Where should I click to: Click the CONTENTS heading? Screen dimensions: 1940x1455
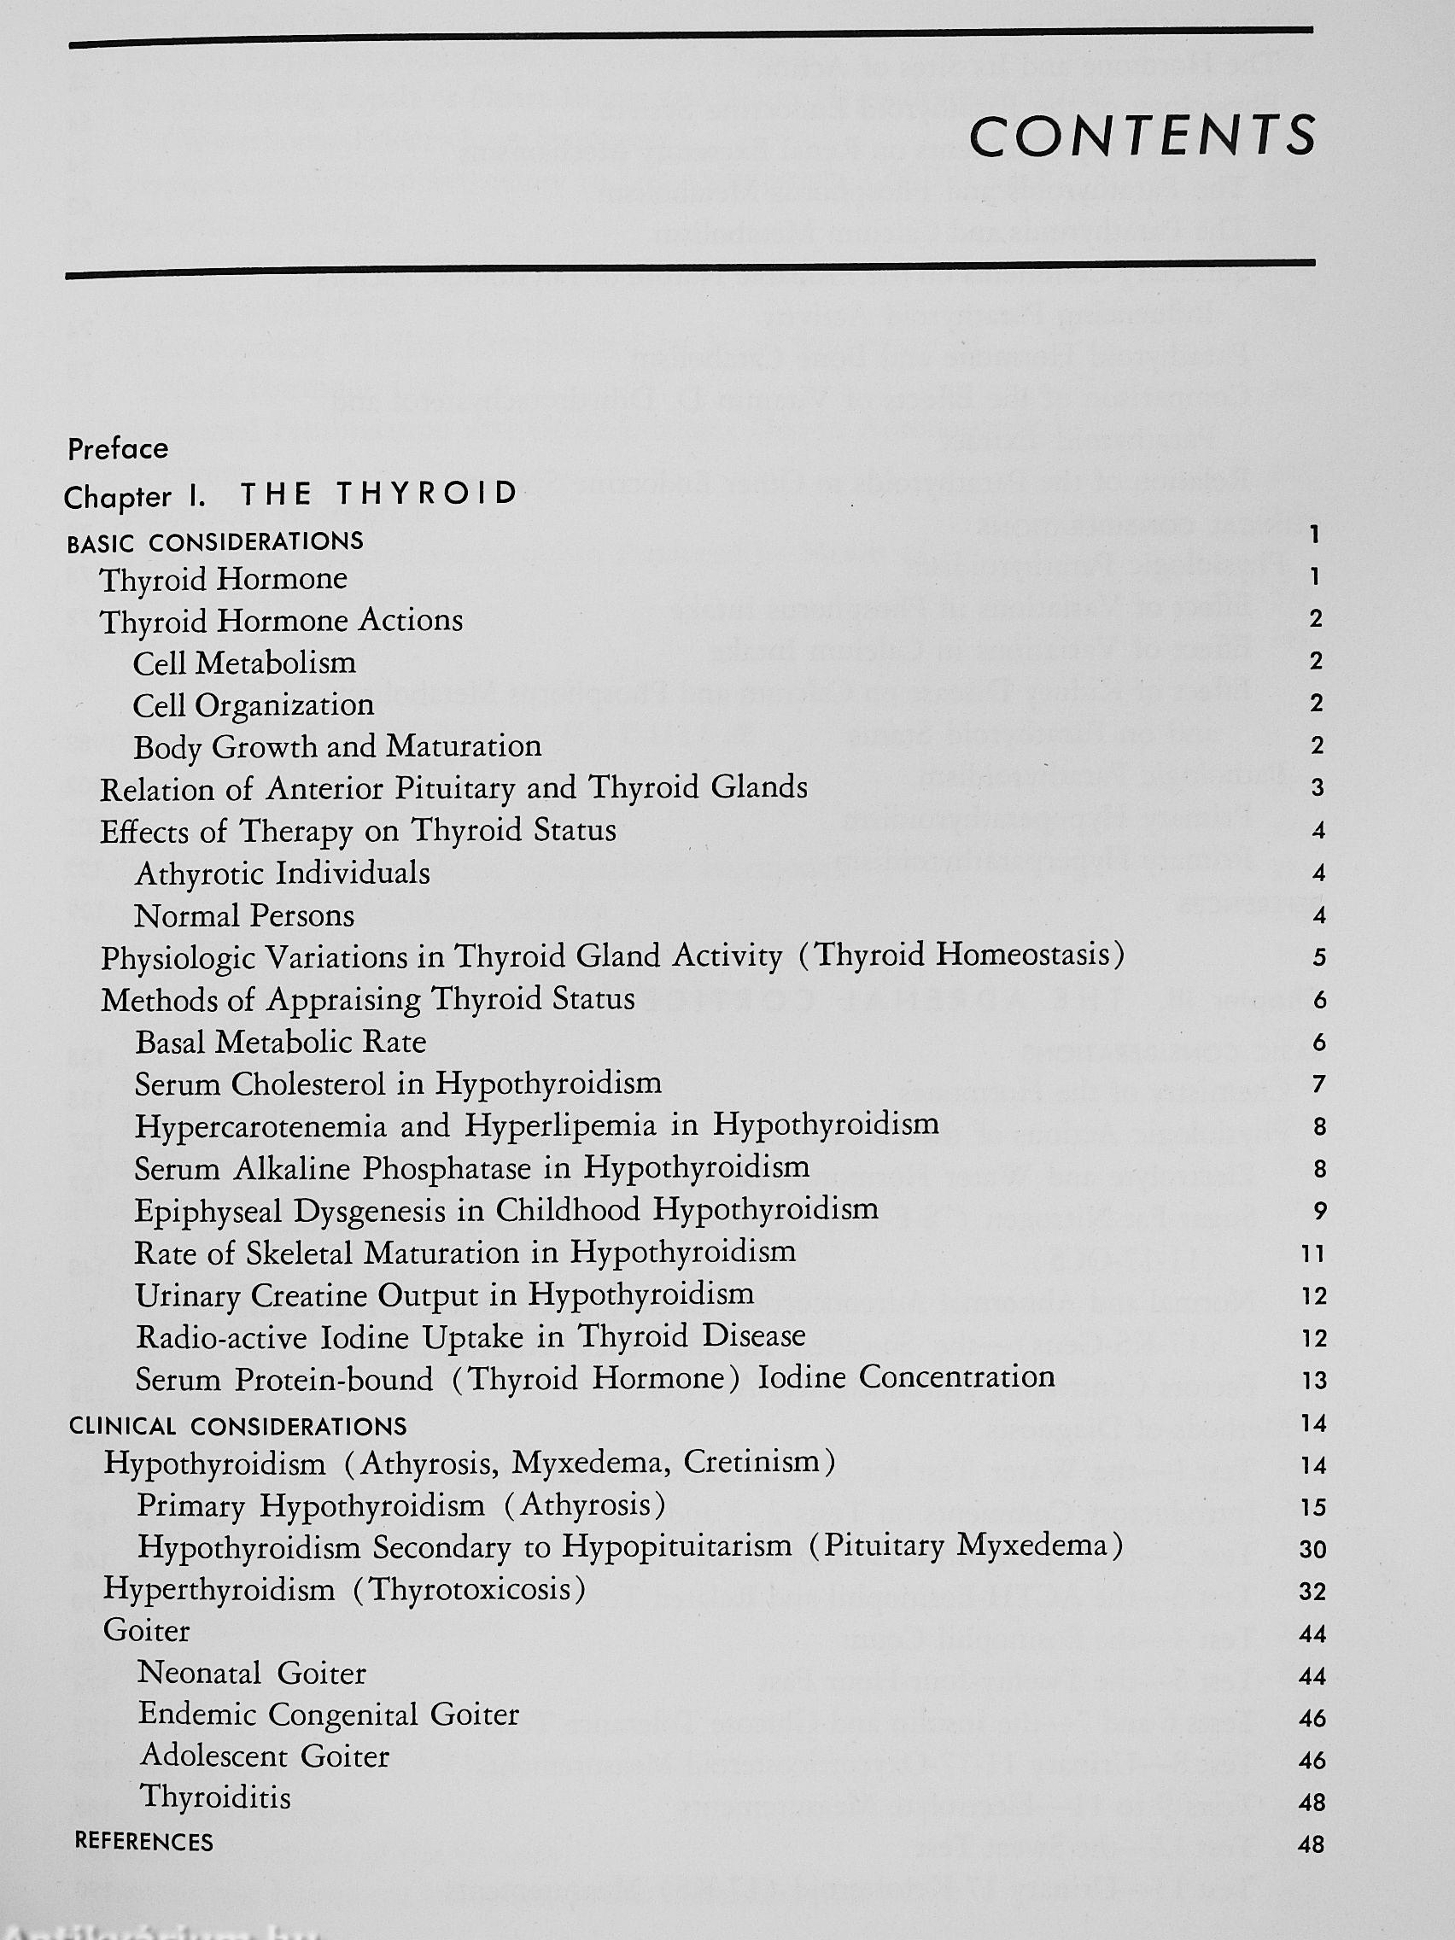[1142, 136]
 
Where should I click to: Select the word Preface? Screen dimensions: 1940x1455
[118, 449]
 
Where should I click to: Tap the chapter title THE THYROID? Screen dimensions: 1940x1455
[379, 494]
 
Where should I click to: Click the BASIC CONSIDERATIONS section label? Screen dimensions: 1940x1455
[215, 542]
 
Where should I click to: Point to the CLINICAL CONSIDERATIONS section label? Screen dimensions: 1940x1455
[237, 1425]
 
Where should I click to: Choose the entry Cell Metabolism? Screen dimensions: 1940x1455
[245, 663]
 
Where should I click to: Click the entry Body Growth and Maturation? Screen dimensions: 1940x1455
[337, 746]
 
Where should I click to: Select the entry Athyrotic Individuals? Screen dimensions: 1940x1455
[283, 874]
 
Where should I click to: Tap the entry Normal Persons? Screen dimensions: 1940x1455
[245, 916]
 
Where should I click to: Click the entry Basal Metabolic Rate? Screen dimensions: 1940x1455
[281, 1042]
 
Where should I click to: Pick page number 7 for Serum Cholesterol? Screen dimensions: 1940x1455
[1318, 1085]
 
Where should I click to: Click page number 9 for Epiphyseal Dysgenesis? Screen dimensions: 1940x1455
[1318, 1212]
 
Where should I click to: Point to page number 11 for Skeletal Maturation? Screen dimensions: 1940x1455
[1313, 1254]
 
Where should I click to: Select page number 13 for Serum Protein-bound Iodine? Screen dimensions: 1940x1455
[1314, 1382]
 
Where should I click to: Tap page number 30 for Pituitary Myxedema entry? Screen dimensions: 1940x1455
[1312, 1550]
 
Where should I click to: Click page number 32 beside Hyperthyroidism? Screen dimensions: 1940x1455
[1312, 1592]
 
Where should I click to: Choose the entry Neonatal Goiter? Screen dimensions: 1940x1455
[252, 1674]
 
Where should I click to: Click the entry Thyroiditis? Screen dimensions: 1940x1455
[216, 1798]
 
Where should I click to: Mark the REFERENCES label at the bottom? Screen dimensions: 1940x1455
[144, 1842]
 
